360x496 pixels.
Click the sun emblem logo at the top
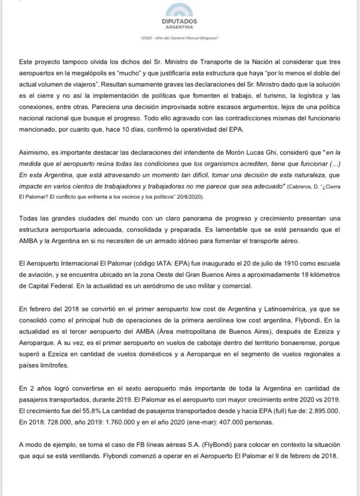180,10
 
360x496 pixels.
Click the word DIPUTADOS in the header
180,21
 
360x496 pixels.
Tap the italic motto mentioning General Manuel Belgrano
180,38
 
